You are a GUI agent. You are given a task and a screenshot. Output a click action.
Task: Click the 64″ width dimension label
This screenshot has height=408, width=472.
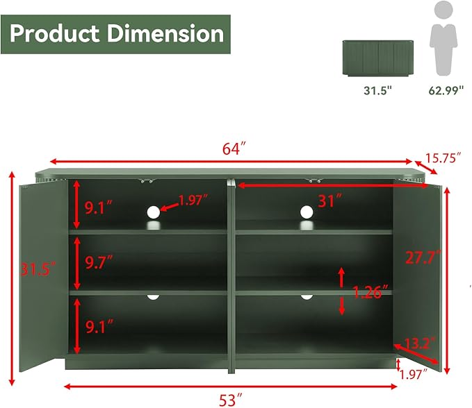(x=234, y=148)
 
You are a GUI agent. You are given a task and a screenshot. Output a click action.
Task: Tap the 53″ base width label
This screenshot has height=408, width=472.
(x=230, y=400)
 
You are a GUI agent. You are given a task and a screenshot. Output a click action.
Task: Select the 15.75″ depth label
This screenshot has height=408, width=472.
(x=443, y=158)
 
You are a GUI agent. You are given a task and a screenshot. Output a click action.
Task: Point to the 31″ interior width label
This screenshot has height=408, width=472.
(x=330, y=201)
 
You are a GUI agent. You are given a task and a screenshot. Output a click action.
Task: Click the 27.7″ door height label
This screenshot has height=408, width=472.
(x=423, y=257)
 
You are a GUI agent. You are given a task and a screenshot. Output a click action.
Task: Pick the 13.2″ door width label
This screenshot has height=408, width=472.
(x=420, y=343)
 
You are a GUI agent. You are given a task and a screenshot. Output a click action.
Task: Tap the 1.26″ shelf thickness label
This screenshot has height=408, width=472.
(x=371, y=291)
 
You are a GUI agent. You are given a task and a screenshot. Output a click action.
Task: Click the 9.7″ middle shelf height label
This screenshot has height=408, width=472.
(x=99, y=262)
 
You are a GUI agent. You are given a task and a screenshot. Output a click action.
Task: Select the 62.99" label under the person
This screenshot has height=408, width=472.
(x=446, y=90)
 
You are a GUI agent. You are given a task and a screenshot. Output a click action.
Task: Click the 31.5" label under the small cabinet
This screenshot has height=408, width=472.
(x=378, y=90)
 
